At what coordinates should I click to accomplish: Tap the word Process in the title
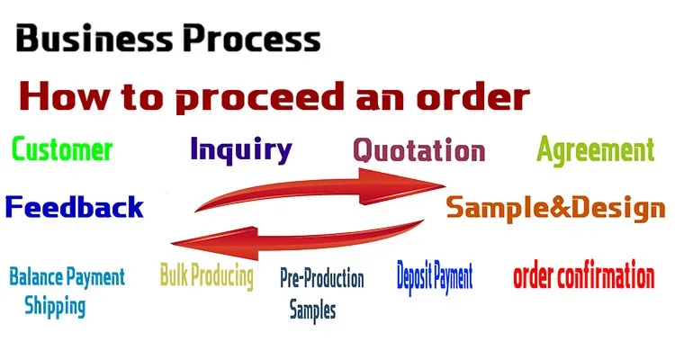(x=252, y=39)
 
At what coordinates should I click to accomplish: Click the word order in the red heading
(x=472, y=96)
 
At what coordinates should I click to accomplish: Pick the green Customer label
(x=62, y=149)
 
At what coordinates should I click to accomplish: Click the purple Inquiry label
(x=241, y=150)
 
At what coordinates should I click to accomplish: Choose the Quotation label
(x=418, y=150)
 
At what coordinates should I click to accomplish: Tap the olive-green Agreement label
(x=596, y=150)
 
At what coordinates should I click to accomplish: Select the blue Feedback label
(x=74, y=207)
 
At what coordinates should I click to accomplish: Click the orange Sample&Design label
(x=556, y=208)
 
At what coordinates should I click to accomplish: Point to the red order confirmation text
(x=584, y=275)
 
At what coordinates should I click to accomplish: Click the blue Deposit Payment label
(x=435, y=277)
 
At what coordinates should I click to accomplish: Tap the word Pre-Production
(x=322, y=278)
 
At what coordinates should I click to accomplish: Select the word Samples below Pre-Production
(x=312, y=310)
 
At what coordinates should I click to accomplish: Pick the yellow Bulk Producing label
(x=207, y=275)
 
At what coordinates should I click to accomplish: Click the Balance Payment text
(x=67, y=277)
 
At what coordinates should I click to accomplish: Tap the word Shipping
(x=55, y=307)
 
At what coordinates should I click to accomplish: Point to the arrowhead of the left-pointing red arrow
(x=214, y=244)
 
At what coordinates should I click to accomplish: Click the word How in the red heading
(x=63, y=96)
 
